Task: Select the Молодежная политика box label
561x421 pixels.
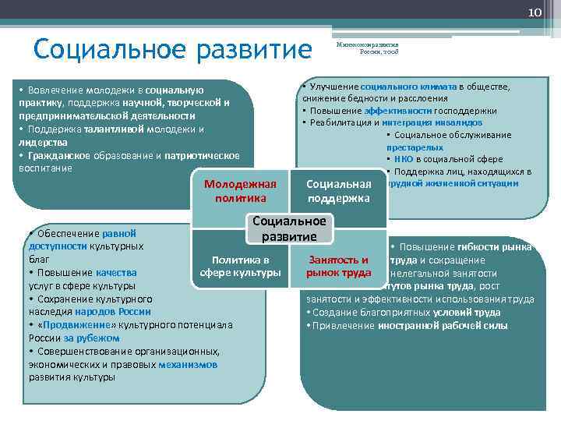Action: click(x=240, y=191)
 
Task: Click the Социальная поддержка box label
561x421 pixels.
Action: click(x=338, y=191)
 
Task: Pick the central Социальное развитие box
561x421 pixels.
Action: click(x=289, y=228)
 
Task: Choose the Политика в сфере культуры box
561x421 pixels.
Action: click(x=240, y=266)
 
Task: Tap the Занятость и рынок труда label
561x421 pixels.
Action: click(x=338, y=266)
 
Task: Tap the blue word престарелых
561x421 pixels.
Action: click(x=415, y=147)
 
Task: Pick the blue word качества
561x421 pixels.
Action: click(x=116, y=273)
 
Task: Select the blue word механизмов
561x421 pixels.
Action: click(x=188, y=364)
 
